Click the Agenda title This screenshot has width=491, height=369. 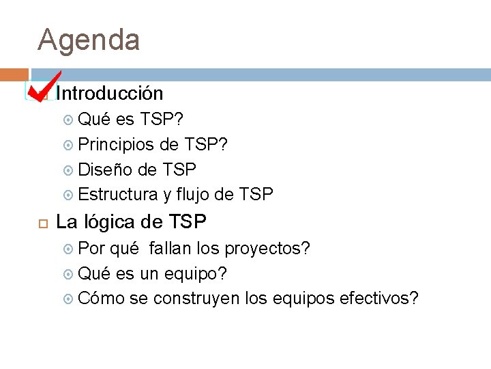[89, 40]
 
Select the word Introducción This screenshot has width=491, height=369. [109, 93]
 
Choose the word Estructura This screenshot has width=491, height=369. [118, 195]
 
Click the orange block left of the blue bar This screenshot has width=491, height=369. [14, 74]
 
